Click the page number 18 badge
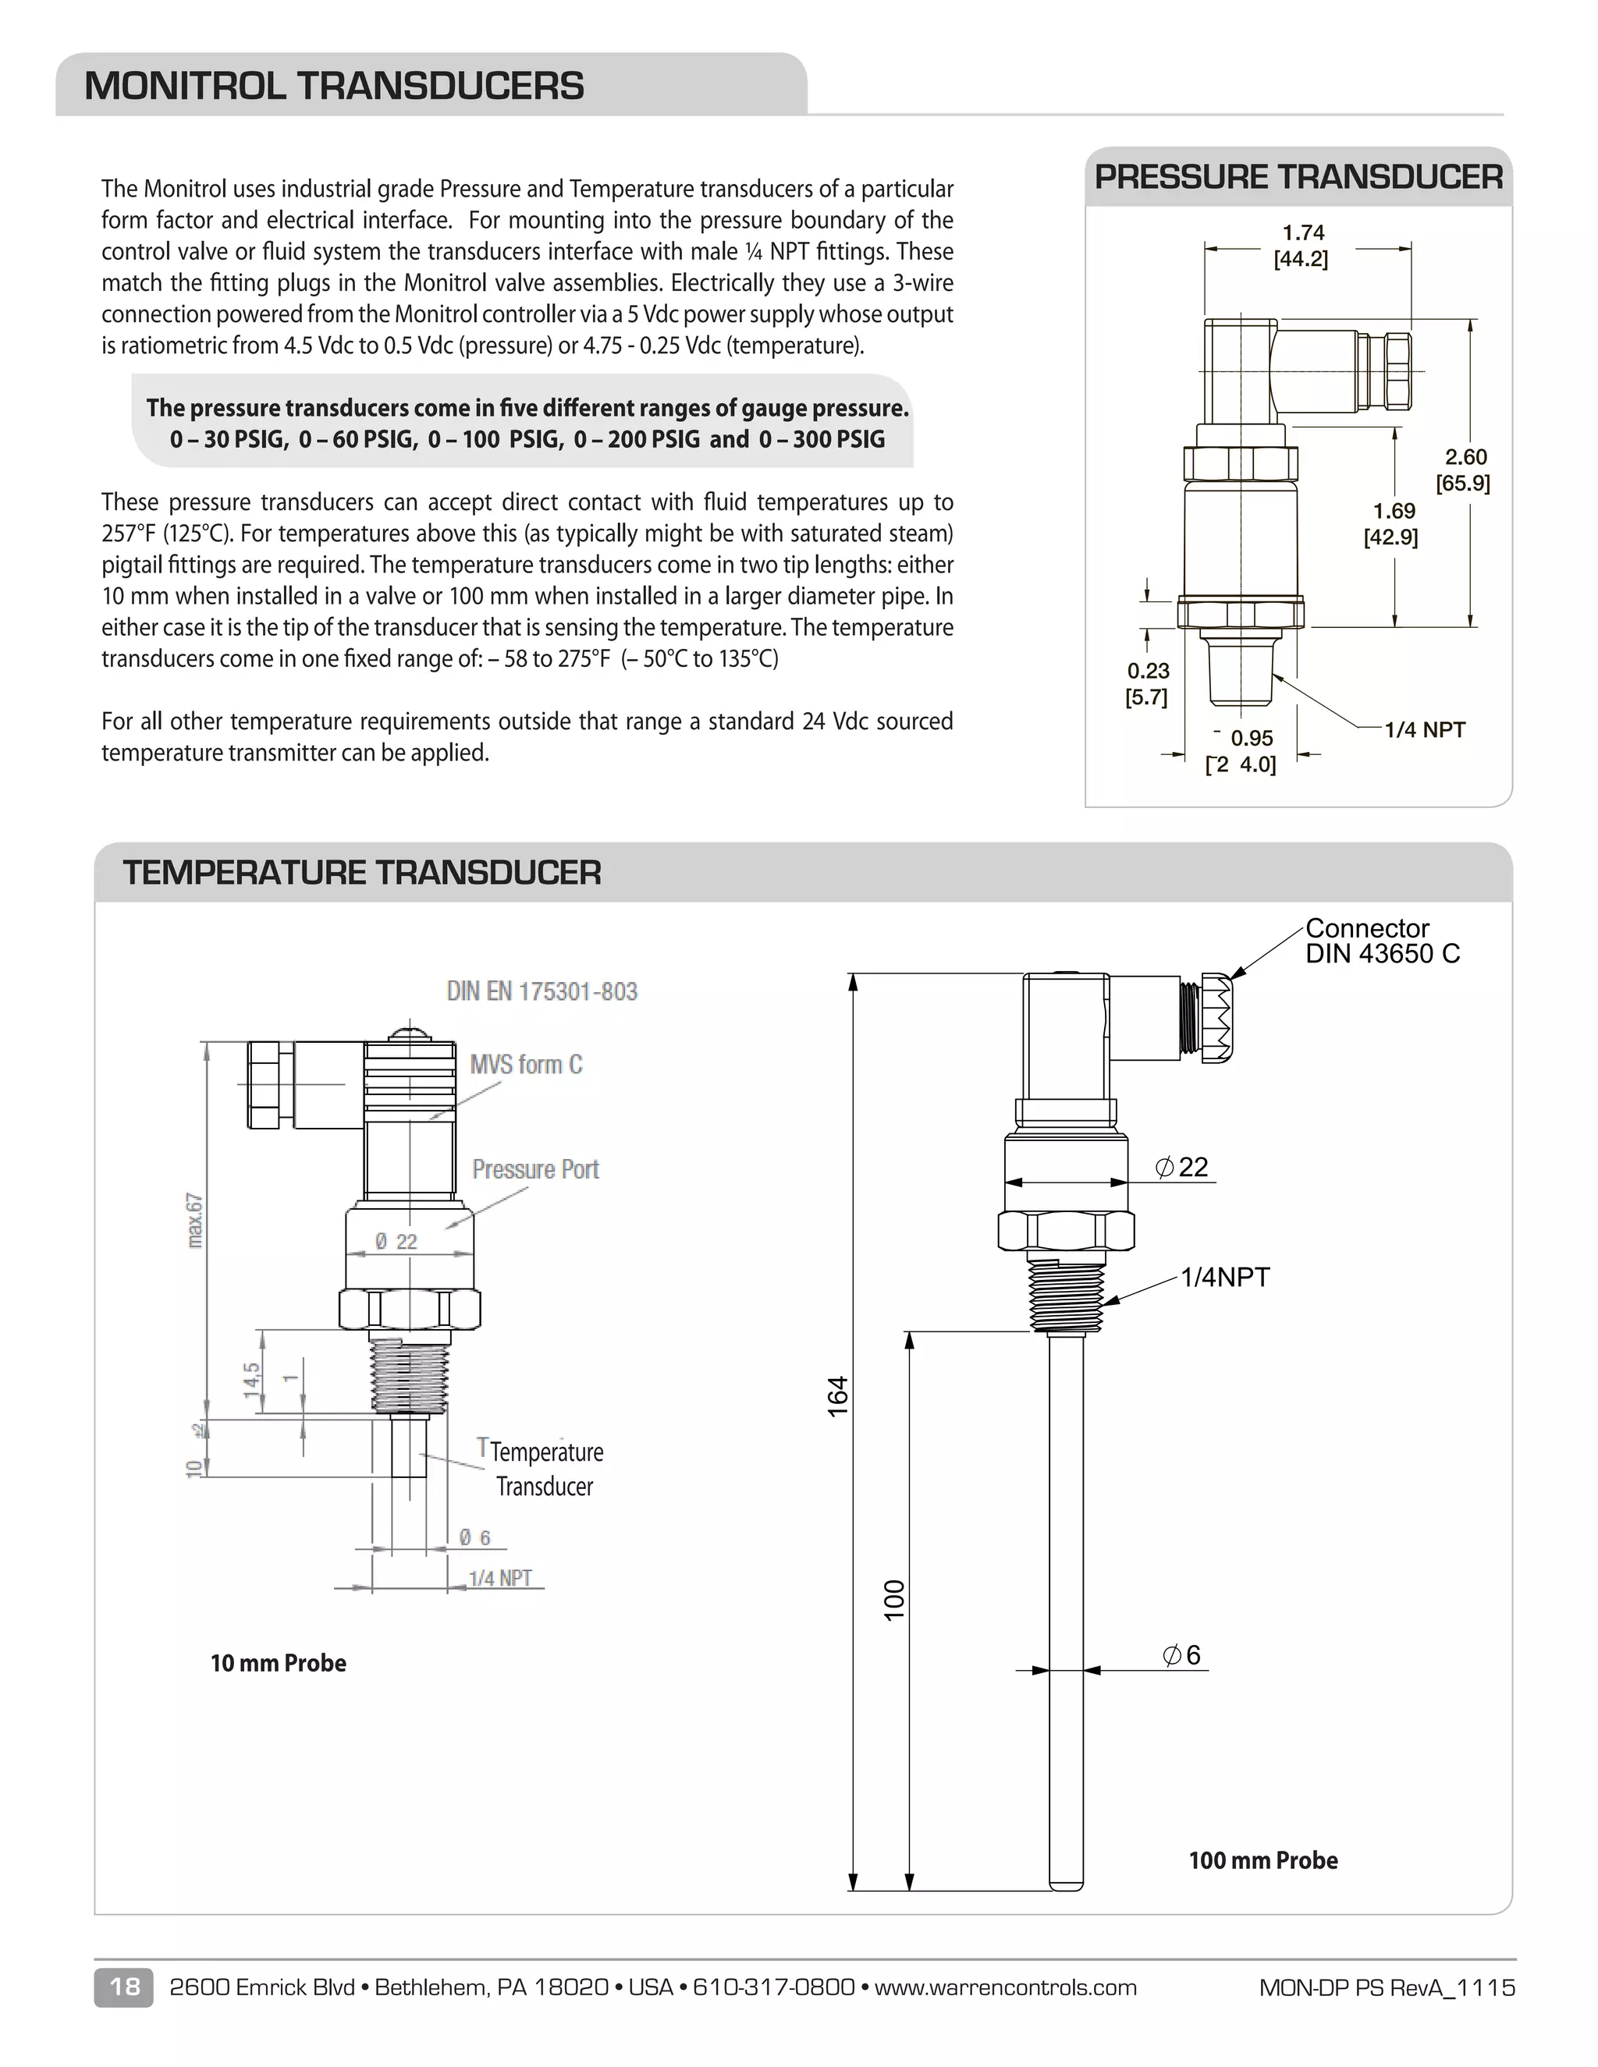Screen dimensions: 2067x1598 coord(123,1987)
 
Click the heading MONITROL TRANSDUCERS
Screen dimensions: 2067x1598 coord(333,86)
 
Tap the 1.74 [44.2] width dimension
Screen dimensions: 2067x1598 coord(1301,246)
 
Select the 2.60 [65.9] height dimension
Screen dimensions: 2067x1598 coord(1464,470)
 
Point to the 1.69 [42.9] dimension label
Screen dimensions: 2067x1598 coord(1393,523)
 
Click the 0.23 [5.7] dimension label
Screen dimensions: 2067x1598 coord(1146,683)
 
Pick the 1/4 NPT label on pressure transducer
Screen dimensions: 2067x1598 coord(1424,730)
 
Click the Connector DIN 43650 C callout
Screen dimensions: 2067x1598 coord(1381,941)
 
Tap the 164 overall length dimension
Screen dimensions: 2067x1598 coord(838,1397)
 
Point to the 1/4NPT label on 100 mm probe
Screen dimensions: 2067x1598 coord(1224,1277)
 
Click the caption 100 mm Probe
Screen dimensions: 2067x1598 coord(1263,1860)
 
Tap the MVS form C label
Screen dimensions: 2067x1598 coord(527,1065)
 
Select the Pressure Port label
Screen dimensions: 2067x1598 coord(536,1170)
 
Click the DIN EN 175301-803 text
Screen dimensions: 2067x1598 coord(542,991)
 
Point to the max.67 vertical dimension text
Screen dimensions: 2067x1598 coord(194,1220)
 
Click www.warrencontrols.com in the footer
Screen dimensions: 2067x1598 coord(1004,1987)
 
